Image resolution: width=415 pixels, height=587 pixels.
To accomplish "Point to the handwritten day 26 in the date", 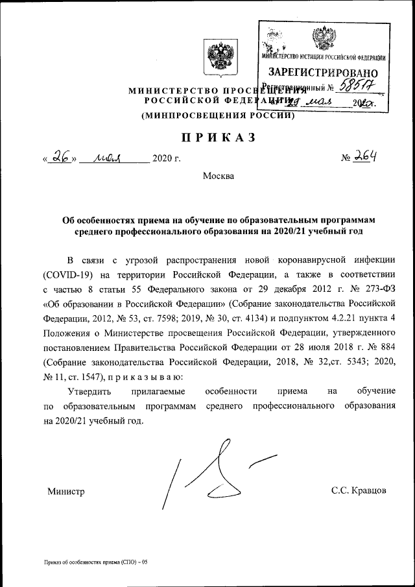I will (62, 156).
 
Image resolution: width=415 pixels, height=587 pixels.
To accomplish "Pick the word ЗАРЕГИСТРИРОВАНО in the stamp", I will (322, 73).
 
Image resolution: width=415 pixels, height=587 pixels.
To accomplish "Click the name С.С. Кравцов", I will (359, 491).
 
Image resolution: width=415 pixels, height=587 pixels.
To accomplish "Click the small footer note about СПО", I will (96, 562).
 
